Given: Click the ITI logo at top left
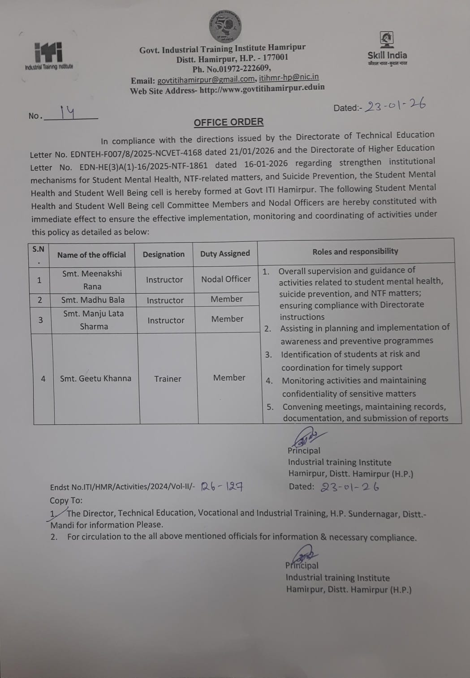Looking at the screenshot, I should tap(48, 55).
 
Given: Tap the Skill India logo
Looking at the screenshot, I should tap(387, 48).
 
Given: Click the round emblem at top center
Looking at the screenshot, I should tap(225, 26).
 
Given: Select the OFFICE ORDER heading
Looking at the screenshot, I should tap(229, 122).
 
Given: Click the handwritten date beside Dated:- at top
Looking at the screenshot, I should tap(395, 106).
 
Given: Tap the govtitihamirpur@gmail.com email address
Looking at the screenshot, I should tap(206, 80).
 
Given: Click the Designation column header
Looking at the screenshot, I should tap(164, 254).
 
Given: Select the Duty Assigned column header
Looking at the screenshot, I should tap(225, 253).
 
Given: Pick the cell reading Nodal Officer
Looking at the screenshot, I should tap(226, 279).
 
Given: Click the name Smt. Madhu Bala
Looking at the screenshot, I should tap(93, 300).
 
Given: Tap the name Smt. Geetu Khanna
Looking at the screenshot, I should tap(95, 378).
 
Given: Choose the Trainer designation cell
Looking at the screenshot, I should tap(168, 379).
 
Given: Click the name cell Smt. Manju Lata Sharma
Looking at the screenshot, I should tap(93, 320).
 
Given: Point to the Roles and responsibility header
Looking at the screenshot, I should tap(355, 251).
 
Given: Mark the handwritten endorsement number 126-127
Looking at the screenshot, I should tap(222, 486).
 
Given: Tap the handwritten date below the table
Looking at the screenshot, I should tap(350, 487).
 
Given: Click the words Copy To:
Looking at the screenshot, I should tap(66, 500).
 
